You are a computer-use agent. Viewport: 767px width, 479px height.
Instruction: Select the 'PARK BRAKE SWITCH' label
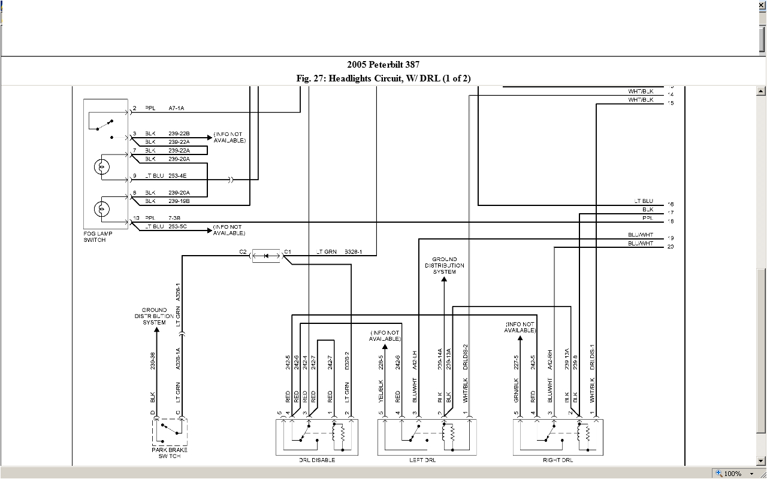pos(169,453)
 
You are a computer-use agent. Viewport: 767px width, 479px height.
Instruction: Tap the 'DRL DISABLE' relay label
pos(317,460)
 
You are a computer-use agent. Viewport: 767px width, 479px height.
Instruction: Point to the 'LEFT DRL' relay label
pos(422,460)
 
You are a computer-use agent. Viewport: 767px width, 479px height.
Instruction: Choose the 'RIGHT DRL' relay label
pos(557,460)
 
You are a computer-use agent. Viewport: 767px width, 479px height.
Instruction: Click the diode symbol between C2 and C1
pos(267,256)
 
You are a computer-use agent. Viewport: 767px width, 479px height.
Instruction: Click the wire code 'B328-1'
pos(353,252)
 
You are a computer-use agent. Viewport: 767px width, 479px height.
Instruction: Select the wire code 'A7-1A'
pos(176,108)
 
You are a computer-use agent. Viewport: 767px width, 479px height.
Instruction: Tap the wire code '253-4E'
pos(178,176)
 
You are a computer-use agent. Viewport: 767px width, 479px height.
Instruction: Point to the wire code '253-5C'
pos(178,227)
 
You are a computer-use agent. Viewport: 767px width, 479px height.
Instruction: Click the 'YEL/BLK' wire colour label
pos(381,390)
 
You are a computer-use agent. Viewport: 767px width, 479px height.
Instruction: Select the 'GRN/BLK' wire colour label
pos(516,389)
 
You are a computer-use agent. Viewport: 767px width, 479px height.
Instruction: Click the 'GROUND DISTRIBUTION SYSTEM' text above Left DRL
pos(445,265)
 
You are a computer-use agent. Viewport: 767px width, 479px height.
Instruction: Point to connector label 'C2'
pos(243,252)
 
